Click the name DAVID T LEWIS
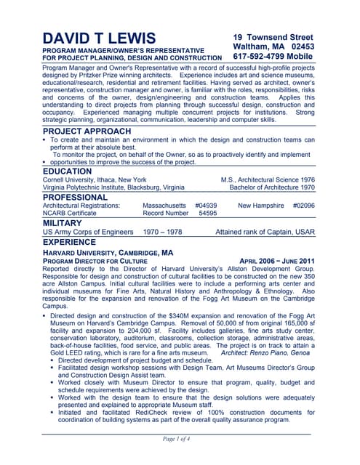[x=99, y=38]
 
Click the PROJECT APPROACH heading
[x=87, y=131]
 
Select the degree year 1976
[x=306, y=179]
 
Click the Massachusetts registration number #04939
[x=207, y=206]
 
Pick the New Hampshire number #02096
[x=303, y=206]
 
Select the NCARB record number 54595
[x=207, y=214]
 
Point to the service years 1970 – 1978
[x=162, y=232]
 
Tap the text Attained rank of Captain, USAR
[x=265, y=232]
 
